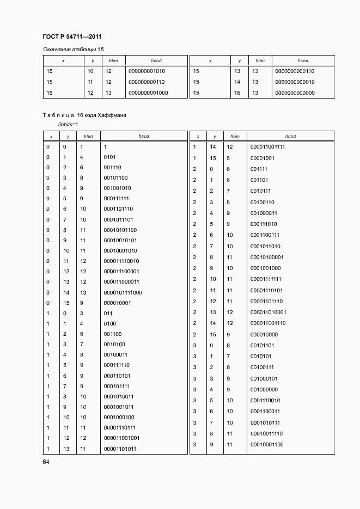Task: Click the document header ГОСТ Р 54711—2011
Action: pos(72,37)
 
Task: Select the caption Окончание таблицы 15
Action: pos(72,50)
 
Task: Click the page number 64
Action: pos(47,462)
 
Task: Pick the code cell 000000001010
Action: pos(147,71)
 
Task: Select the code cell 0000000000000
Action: pos(295,93)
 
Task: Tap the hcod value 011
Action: pos(108,314)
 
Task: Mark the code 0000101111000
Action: pos(123,292)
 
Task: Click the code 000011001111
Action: pos(267,147)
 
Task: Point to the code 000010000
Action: pos(264,334)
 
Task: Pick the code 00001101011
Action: pos(119,449)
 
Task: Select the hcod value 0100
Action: pos(109,323)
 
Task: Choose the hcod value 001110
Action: pos(112,168)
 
